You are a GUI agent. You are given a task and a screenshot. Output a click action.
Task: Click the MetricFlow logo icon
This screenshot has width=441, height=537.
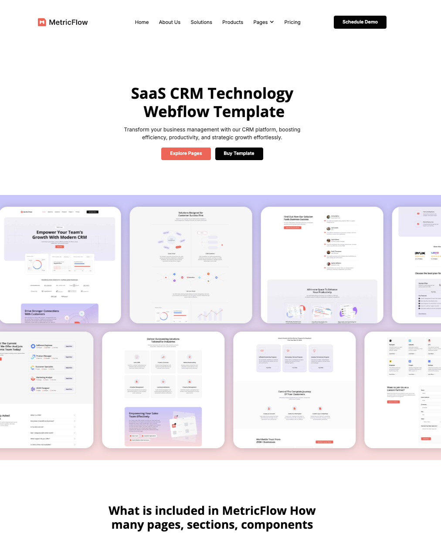tap(42, 22)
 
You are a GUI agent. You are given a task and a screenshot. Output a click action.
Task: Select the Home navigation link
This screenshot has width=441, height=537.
tap(142, 22)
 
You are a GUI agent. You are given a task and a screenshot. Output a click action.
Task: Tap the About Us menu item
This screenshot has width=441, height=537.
tap(170, 22)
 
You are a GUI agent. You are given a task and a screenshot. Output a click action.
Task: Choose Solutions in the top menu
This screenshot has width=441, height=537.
tap(201, 22)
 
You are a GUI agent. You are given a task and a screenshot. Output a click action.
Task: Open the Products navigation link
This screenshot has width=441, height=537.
tap(233, 22)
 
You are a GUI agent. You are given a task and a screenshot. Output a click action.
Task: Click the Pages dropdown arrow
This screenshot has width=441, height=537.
tap(272, 22)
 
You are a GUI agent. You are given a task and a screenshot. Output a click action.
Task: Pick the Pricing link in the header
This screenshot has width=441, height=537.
tap(292, 22)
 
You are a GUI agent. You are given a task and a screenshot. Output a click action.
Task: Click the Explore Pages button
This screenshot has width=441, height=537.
tap(186, 154)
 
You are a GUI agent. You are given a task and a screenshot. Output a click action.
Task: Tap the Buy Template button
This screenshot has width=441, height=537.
tap(239, 154)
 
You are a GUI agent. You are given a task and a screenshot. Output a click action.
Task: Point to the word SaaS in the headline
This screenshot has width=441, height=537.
tap(148, 94)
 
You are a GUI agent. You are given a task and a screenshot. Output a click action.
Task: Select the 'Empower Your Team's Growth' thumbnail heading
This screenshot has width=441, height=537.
tap(60, 235)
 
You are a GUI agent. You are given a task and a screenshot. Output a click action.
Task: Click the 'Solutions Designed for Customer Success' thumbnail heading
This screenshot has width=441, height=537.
tap(191, 214)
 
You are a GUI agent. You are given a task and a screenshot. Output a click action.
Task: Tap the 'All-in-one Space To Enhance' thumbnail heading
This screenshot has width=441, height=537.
tap(322, 291)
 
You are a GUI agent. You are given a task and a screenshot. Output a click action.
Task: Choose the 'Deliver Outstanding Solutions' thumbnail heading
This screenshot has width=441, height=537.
tap(163, 340)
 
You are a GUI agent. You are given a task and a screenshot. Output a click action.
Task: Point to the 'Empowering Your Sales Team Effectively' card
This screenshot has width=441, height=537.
tap(163, 426)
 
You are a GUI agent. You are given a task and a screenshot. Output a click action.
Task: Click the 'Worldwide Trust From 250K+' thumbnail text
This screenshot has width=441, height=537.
tap(268, 441)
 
